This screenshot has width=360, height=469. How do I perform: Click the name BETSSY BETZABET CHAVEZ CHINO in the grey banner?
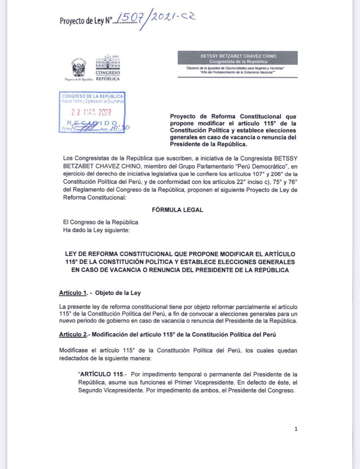point(238,56)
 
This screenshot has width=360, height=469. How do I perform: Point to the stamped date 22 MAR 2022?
point(91,112)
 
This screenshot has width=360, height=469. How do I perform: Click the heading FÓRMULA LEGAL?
point(178,210)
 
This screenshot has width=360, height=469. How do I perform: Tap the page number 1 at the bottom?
point(296,429)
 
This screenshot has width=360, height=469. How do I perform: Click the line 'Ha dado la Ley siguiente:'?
point(96,230)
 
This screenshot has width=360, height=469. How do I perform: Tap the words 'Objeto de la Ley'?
point(118,293)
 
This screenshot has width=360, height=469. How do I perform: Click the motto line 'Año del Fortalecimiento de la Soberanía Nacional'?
point(237,72)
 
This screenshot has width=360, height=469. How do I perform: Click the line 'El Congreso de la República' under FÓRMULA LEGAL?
point(101,222)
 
